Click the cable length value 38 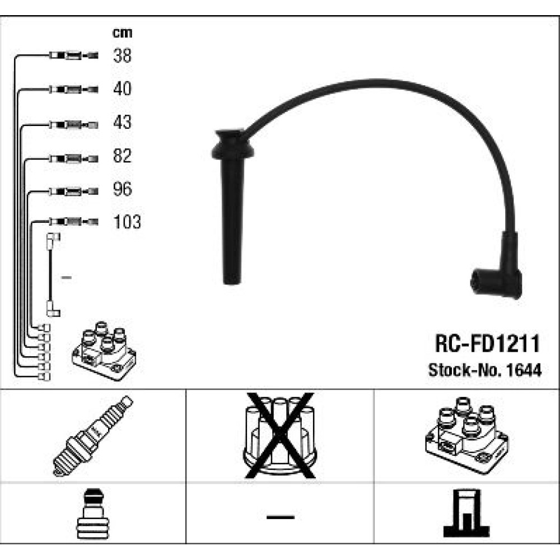(x=122, y=55)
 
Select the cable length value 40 (x=122, y=88)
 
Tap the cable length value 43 (x=122, y=122)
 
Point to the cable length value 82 (x=122, y=156)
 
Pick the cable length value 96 (x=122, y=189)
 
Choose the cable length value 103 (x=127, y=222)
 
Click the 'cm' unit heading (x=122, y=33)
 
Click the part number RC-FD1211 (x=487, y=344)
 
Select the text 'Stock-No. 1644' (x=485, y=370)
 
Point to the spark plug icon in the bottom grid (x=93, y=436)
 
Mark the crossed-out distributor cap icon (x=280, y=436)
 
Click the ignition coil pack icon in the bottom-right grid (x=467, y=435)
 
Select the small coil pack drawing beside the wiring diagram (x=104, y=351)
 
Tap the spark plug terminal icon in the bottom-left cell (x=93, y=514)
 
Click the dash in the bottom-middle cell (x=281, y=517)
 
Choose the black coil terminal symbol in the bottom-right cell (x=466, y=514)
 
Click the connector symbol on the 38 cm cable (x=73, y=55)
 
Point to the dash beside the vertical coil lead (x=67, y=277)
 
